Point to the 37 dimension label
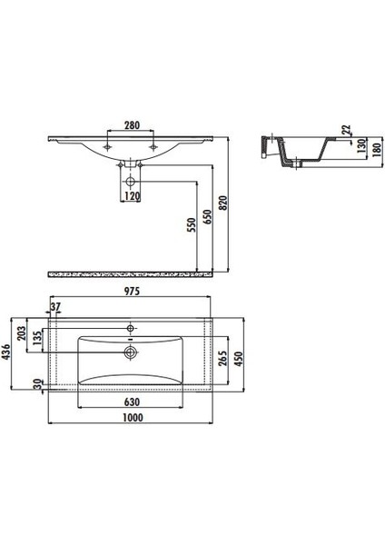pyautogui.click(x=56, y=307)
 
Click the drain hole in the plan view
pyautogui.click(x=131, y=350)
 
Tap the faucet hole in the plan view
pyautogui.click(x=131, y=325)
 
